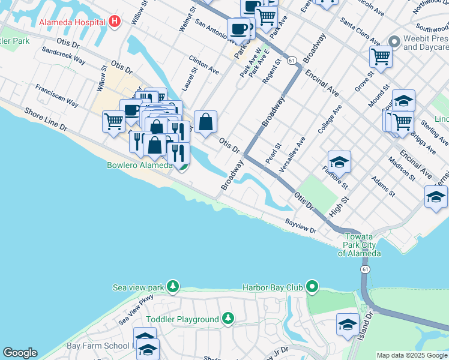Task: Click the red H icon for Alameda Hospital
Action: pyautogui.click(x=115, y=22)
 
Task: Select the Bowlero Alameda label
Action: pyautogui.click(x=139, y=165)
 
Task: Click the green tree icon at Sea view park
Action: pyautogui.click(x=173, y=287)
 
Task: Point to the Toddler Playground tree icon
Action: pyautogui.click(x=228, y=318)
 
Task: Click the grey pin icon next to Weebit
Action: pyautogui.click(x=394, y=41)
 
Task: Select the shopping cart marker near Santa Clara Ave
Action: pyautogui.click(x=380, y=57)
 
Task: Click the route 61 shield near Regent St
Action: pyautogui.click(x=292, y=61)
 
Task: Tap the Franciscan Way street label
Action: pyautogui.click(x=56, y=95)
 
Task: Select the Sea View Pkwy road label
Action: pyautogui.click(x=135, y=308)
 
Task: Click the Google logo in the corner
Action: pyautogui.click(x=20, y=353)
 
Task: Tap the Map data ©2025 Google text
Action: pyautogui.click(x=412, y=355)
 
